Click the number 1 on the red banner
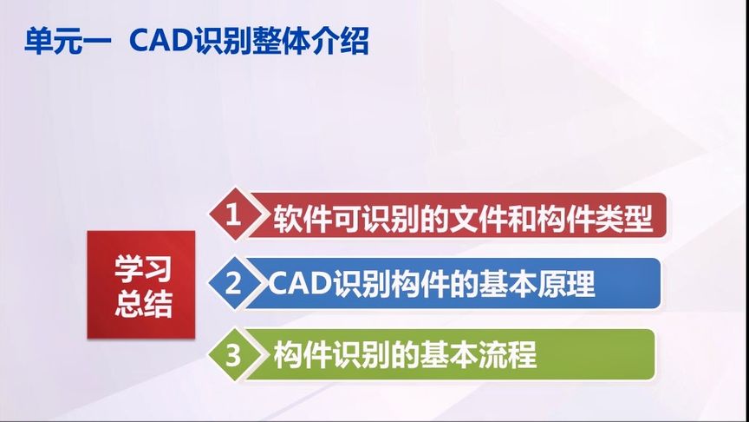click(231, 215)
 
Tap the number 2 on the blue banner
click(231, 284)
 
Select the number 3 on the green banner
click(231, 354)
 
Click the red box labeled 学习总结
click(141, 284)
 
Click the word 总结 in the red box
click(142, 303)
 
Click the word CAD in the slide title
click(159, 42)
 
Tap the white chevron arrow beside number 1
click(254, 216)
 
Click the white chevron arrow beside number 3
click(254, 355)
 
